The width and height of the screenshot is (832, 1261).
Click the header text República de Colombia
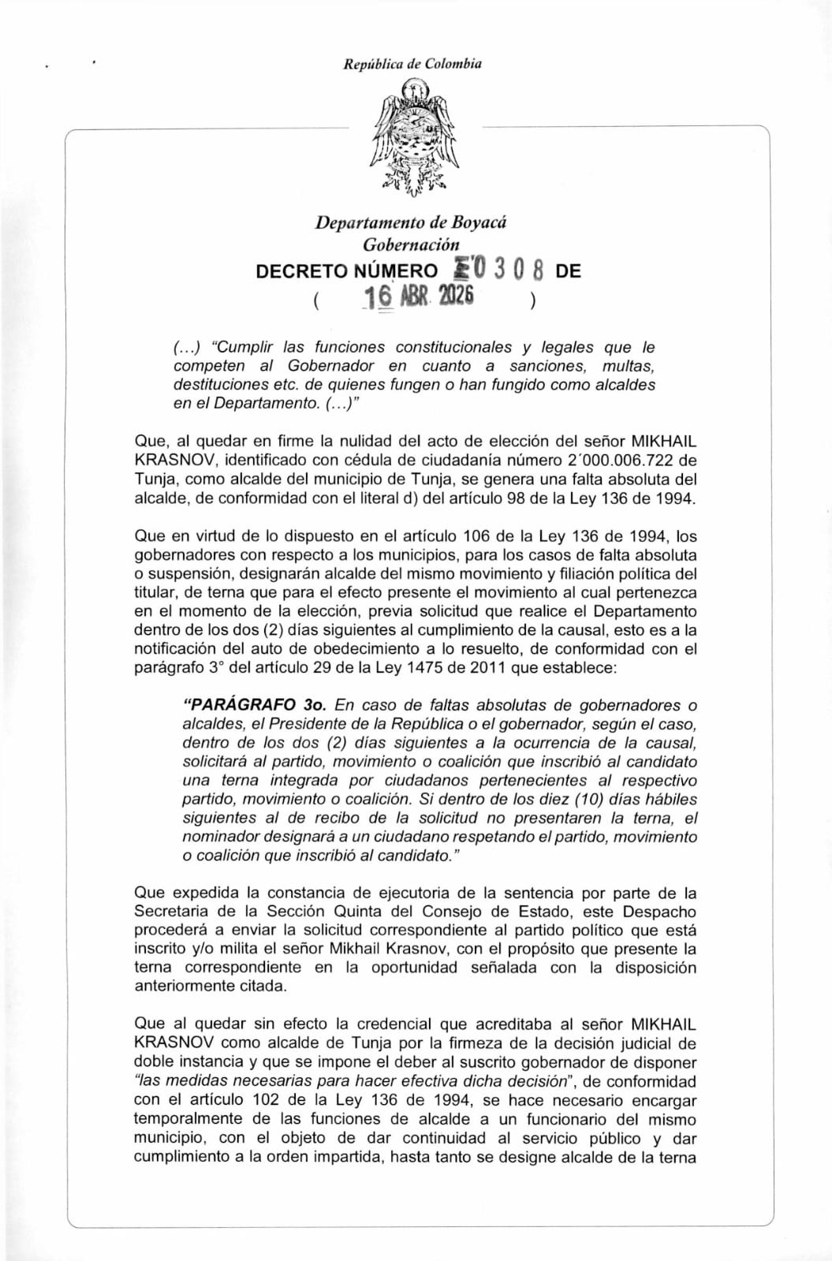(412, 64)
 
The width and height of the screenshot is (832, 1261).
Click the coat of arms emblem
(412, 143)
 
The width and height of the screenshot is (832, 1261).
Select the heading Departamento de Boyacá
(411, 222)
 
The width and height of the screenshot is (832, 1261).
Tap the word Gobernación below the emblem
(411, 244)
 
